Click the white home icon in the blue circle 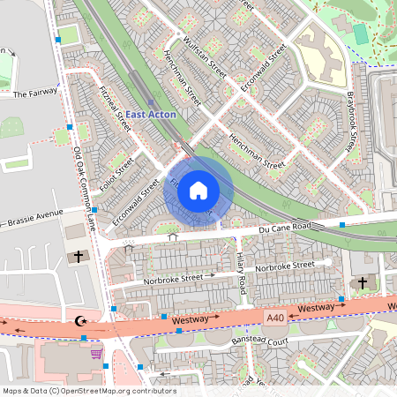click(x=198, y=190)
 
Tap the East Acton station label click(x=151, y=115)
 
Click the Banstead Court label click(x=259, y=339)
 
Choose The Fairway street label click(x=35, y=92)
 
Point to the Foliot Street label click(x=116, y=174)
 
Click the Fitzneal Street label click(x=116, y=116)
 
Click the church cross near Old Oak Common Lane click(x=79, y=258)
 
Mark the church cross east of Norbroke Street click(x=362, y=282)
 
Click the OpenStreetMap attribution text click(x=88, y=391)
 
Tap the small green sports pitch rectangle click(x=360, y=34)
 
